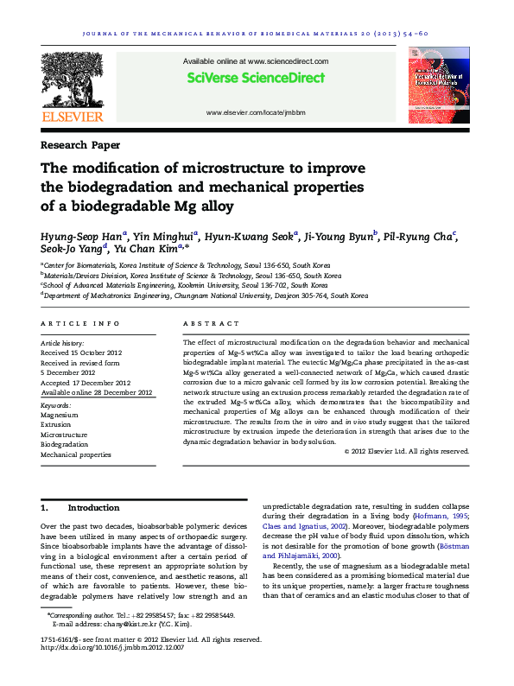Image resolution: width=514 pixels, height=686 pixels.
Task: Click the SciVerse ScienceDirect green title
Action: (256, 79)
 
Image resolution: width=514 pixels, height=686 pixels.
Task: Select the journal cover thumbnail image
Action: (439, 87)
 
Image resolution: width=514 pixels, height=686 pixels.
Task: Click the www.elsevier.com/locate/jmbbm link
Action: (256, 113)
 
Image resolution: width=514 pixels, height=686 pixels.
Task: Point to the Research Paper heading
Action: (80, 145)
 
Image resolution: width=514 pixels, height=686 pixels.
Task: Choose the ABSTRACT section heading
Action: (211, 323)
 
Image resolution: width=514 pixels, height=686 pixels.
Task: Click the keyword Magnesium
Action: (59, 416)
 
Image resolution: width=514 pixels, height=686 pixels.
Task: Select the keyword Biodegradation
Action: (65, 444)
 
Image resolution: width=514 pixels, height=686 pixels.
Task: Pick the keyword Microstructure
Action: (66, 435)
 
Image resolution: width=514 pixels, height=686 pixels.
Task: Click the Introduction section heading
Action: (93, 508)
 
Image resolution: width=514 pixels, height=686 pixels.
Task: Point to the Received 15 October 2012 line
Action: (84, 353)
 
